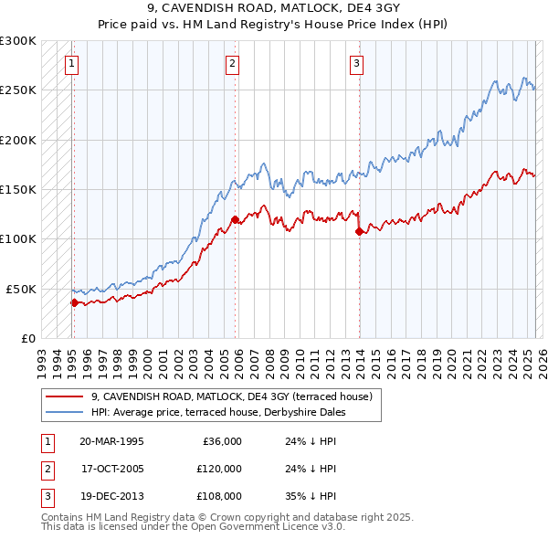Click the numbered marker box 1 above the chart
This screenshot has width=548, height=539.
coord(72,64)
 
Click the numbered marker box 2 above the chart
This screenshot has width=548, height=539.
coord(233,64)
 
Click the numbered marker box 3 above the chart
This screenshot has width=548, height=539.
coord(356,64)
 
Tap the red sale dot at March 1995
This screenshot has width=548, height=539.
coord(74,302)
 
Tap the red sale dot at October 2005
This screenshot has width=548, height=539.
coord(235,219)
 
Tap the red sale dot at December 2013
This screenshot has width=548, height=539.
coord(358,231)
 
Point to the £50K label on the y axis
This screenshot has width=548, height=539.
coord(21,289)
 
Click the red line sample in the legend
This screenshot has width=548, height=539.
coord(64,397)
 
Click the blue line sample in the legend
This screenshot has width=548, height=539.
coord(64,413)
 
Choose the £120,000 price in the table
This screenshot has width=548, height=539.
coord(219,469)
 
